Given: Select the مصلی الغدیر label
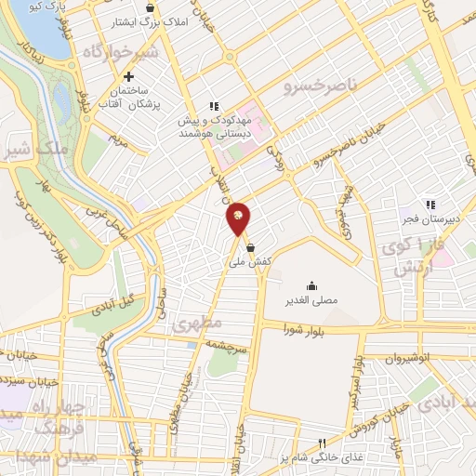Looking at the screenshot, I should pyautogui.click(x=311, y=301).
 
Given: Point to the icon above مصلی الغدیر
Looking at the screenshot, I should pyautogui.click(x=311, y=285).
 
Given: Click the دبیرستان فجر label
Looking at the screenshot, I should pyautogui.click(x=430, y=219).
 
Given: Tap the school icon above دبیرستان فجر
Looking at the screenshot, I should pyautogui.click(x=430, y=204).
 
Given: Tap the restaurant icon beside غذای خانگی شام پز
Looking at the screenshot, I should pyautogui.click(x=322, y=443).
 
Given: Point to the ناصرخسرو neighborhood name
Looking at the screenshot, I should pyautogui.click(x=314, y=86).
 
